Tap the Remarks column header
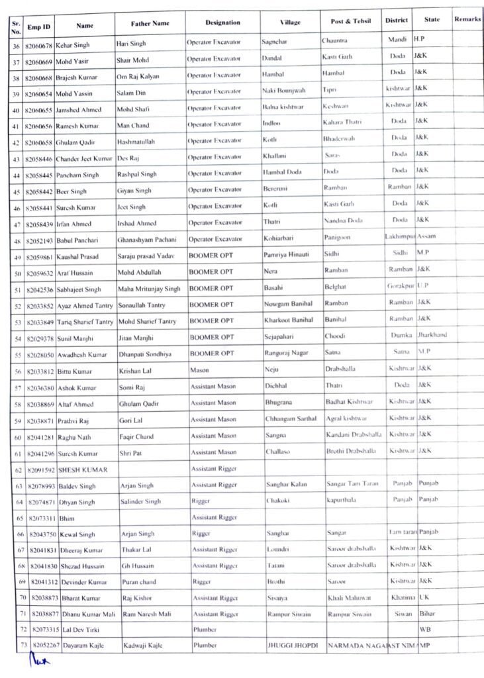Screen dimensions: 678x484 click(467, 19)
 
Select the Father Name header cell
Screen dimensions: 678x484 click(150, 23)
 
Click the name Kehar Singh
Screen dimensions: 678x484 click(75, 44)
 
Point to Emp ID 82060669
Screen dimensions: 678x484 click(39, 61)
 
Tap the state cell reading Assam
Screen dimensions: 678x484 click(427, 236)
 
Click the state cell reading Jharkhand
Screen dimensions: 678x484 click(432, 334)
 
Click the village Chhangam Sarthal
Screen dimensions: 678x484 click(291, 418)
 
